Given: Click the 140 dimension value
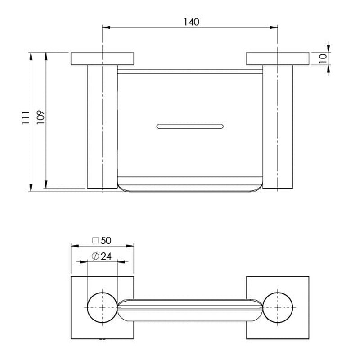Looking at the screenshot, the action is (x=192, y=22).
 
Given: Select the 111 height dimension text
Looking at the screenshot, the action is (x=26, y=118).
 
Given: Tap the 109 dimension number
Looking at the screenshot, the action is (x=40, y=117).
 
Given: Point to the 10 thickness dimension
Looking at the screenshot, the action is (x=323, y=59).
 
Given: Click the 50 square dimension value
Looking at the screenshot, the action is (x=106, y=241).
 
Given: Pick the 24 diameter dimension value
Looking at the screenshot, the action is (x=106, y=256).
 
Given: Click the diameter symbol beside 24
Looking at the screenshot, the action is (x=95, y=256).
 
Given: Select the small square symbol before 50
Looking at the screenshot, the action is (x=95, y=241).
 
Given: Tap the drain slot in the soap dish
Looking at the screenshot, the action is (x=190, y=126).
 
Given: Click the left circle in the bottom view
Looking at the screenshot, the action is (x=102, y=307).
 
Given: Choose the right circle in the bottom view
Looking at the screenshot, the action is (x=278, y=307).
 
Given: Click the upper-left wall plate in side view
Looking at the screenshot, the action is (x=102, y=58).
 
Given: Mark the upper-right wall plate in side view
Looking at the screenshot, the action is (x=278, y=58).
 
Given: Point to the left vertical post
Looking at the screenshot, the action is (x=102, y=126).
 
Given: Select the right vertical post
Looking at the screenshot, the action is (x=278, y=126).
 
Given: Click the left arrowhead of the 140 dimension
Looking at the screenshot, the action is (x=106, y=27).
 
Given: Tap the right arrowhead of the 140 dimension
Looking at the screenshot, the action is (x=274, y=27).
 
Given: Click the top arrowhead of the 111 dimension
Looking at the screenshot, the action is (x=31, y=56).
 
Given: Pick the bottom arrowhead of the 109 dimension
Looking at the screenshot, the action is (x=46, y=184).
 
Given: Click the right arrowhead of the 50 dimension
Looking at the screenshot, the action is (x=130, y=246).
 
